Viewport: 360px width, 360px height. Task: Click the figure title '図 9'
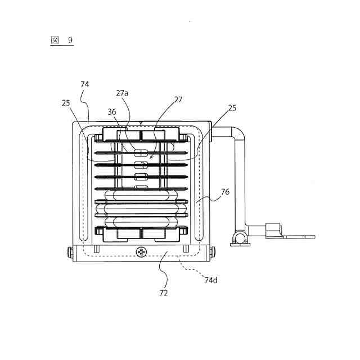(62, 40)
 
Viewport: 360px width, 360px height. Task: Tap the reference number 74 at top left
(85, 84)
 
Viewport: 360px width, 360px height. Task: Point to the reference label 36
(111, 111)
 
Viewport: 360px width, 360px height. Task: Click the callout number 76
(224, 192)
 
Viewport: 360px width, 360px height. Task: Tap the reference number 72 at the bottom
(164, 292)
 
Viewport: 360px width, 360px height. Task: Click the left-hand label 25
(67, 103)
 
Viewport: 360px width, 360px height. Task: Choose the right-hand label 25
(233, 107)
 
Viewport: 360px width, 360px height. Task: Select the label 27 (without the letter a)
(178, 99)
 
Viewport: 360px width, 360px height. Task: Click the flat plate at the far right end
(298, 236)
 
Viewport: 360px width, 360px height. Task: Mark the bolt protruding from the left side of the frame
(69, 254)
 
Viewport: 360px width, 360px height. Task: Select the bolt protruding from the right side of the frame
(213, 254)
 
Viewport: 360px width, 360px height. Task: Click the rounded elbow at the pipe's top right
(240, 135)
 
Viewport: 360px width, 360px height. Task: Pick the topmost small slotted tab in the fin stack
(141, 152)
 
